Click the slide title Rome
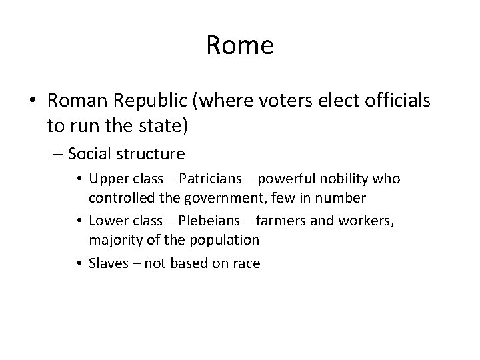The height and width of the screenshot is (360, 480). click(240, 46)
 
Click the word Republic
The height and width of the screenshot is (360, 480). click(148, 101)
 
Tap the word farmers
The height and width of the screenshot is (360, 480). click(273, 220)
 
